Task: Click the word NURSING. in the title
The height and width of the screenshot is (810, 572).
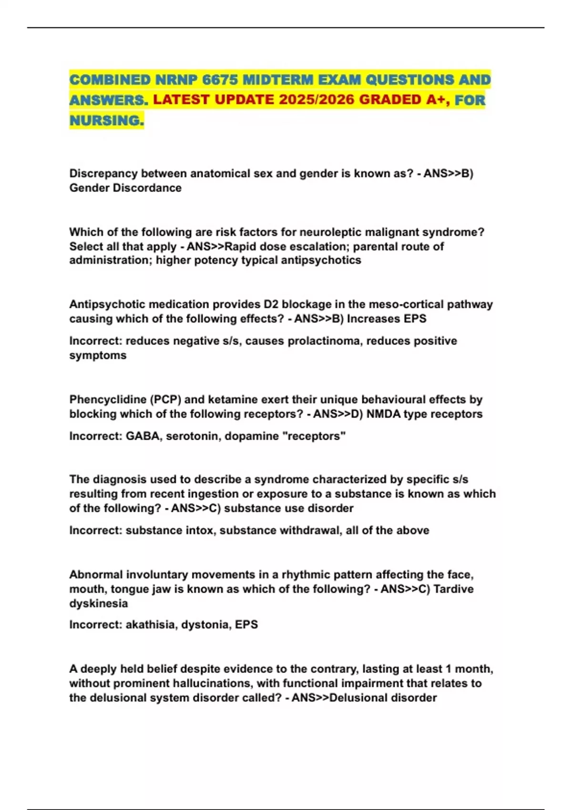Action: click(x=106, y=121)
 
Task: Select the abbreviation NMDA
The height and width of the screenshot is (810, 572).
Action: click(x=383, y=414)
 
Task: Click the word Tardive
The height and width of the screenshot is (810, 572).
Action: click(x=453, y=589)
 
